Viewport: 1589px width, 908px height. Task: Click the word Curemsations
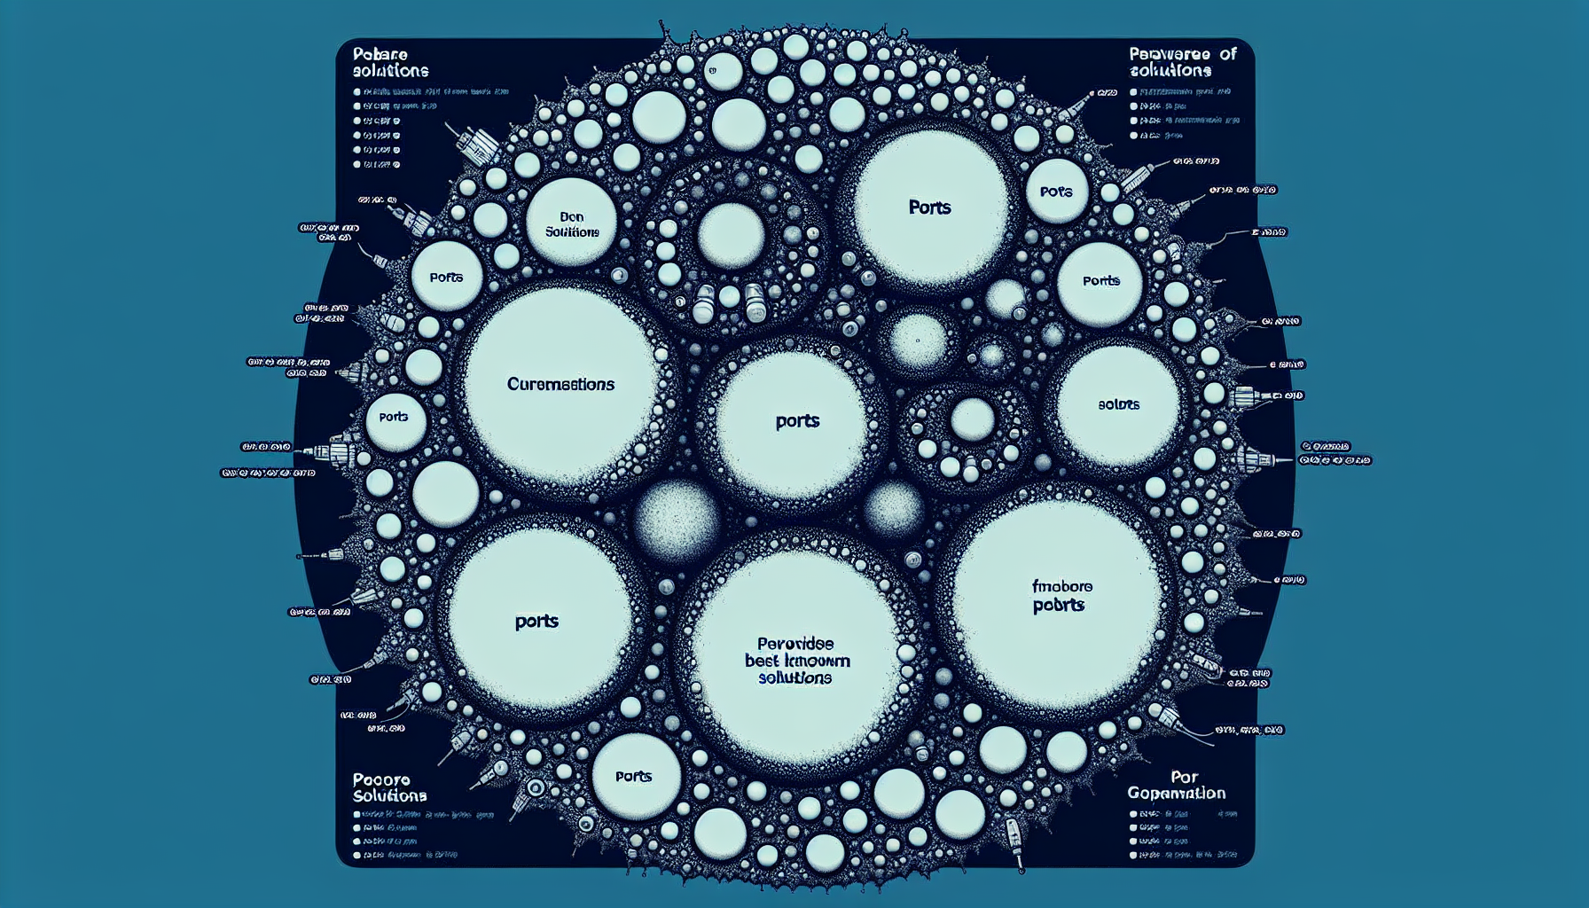[560, 384]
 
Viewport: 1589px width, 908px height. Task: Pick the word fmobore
[1062, 586]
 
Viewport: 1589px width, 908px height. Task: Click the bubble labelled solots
[1118, 404]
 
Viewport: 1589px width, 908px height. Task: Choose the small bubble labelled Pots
[1056, 192]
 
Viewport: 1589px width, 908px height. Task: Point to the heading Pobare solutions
[390, 62]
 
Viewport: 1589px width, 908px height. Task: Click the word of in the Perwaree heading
[1227, 54]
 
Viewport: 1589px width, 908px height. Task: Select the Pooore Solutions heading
[389, 787]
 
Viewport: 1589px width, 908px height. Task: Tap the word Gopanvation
[1177, 793]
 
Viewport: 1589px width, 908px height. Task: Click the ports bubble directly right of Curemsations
[797, 421]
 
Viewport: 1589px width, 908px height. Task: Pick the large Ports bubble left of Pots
[929, 207]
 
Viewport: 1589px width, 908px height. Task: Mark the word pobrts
[1059, 606]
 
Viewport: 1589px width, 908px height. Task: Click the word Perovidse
[795, 644]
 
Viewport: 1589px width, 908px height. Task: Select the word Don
[572, 216]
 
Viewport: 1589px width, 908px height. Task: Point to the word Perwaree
[1170, 54]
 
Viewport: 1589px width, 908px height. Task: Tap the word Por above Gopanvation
[1184, 777]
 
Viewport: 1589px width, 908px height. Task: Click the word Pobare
[380, 54]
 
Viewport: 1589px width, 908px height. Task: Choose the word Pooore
[381, 780]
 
